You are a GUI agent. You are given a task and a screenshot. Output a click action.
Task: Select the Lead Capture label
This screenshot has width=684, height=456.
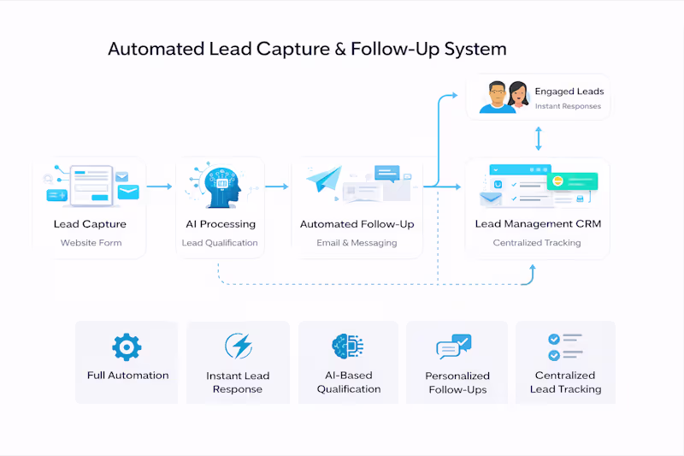click(x=90, y=224)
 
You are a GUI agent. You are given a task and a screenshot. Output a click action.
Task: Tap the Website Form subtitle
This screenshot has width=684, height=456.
click(x=91, y=243)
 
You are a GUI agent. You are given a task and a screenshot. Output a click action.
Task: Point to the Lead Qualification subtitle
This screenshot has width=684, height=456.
click(x=220, y=243)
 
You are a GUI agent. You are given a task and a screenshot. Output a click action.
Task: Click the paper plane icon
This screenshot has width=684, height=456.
click(x=323, y=182)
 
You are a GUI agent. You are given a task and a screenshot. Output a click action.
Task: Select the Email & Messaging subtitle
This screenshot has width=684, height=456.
click(x=357, y=243)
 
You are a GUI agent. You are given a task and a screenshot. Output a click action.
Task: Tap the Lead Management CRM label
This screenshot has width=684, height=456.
click(x=538, y=224)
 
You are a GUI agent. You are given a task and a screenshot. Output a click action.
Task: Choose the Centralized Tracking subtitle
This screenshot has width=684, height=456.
click(x=537, y=243)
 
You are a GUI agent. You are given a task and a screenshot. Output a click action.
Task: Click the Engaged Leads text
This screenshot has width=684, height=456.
click(x=569, y=92)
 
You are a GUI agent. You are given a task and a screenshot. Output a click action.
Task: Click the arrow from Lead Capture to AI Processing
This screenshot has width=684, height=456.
click(x=159, y=186)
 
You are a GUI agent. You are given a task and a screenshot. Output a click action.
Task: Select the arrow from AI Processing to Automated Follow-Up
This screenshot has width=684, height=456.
click(x=276, y=186)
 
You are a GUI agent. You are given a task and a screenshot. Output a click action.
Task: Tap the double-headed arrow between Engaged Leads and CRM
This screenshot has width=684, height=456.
click(x=538, y=138)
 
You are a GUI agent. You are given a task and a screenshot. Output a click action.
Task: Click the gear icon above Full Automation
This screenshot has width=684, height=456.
click(x=127, y=346)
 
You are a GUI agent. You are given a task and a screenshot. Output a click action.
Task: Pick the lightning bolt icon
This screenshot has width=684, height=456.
click(x=238, y=346)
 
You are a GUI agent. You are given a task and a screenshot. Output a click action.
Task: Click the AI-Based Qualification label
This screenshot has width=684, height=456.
click(x=349, y=382)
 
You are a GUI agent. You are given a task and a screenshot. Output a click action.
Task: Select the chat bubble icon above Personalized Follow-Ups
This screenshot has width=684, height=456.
click(x=453, y=346)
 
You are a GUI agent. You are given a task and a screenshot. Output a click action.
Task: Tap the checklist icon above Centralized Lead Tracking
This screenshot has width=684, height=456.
click(x=564, y=346)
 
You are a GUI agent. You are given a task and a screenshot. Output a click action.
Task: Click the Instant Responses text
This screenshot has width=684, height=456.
click(x=568, y=107)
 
